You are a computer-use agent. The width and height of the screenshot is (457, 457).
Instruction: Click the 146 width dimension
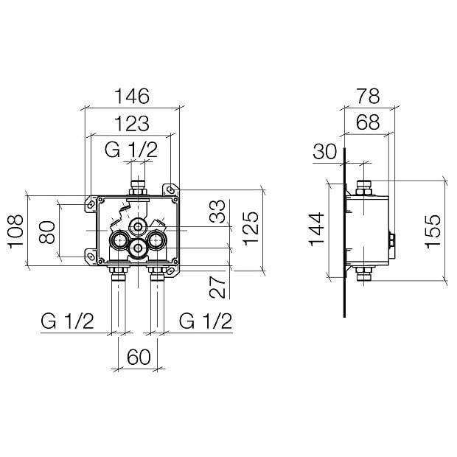tap(132, 96)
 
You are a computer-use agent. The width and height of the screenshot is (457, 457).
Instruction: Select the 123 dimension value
tap(132, 123)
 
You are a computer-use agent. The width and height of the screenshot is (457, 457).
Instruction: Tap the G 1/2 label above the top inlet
tap(131, 150)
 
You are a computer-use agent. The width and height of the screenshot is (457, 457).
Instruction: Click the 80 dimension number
tap(47, 232)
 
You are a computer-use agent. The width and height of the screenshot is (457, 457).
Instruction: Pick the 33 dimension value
tap(217, 212)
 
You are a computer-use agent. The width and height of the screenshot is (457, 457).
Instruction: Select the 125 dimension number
tap(251, 228)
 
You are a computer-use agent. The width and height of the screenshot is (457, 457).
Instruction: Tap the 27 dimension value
tap(217, 287)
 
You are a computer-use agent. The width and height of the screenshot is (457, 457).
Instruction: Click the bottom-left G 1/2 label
tap(67, 321)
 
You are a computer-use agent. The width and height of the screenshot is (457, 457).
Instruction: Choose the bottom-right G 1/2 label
tap(206, 321)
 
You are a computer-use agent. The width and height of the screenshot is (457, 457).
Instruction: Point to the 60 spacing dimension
tap(139, 357)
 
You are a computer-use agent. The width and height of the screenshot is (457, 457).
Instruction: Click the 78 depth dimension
tap(369, 96)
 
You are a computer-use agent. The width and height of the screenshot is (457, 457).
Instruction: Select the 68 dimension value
tap(369, 122)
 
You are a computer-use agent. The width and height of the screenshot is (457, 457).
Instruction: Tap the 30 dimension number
tap(325, 152)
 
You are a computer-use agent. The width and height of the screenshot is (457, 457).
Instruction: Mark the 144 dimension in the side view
tap(316, 230)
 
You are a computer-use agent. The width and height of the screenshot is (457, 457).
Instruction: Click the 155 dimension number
tap(433, 231)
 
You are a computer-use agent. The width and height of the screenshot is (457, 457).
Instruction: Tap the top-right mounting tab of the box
tap(170, 190)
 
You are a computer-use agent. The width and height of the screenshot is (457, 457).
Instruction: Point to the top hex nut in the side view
tap(363, 192)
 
